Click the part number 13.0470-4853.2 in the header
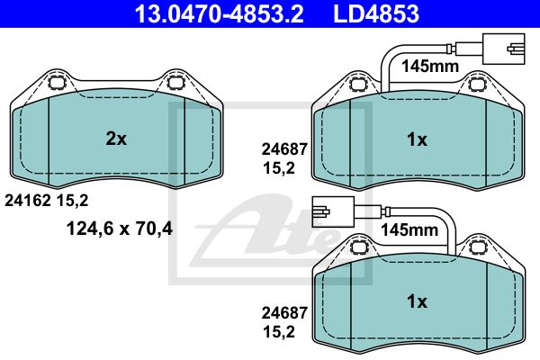point(219,13)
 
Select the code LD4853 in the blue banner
point(376,13)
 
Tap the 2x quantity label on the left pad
point(116,139)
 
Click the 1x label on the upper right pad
point(417,139)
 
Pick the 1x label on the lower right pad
point(417,301)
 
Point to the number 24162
point(28,201)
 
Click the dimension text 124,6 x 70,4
point(120,228)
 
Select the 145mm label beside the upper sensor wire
point(430,66)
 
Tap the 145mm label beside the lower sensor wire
point(409,229)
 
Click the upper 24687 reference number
point(284,149)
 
